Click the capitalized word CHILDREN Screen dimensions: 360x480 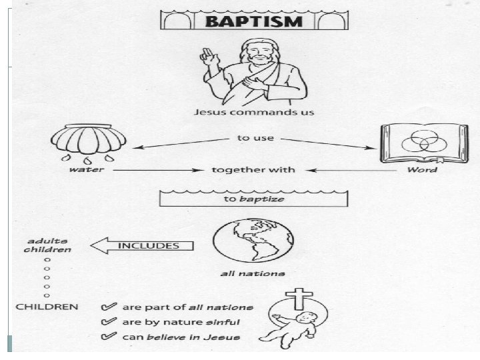click(47, 307)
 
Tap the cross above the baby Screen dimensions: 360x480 click(285, 295)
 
